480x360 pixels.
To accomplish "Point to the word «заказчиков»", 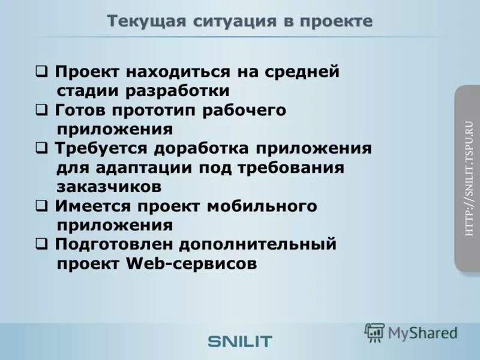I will click(x=109, y=187).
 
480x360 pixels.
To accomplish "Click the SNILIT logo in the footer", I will click(x=240, y=341).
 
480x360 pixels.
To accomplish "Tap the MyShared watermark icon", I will click(x=375, y=332).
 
